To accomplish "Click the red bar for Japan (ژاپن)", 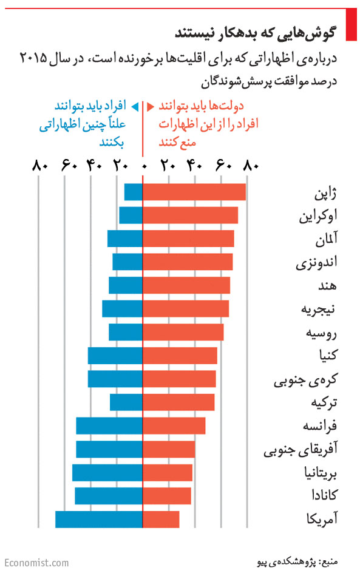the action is [x=194, y=192].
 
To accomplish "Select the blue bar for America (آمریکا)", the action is [x=99, y=520].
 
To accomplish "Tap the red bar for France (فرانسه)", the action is [x=174, y=426].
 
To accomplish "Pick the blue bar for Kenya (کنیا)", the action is [x=115, y=356].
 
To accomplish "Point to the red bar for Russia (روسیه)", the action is [x=183, y=332].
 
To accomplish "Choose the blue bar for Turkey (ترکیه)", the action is [x=126, y=402].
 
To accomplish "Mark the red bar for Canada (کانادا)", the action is [x=167, y=496].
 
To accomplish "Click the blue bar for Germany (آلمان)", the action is [x=125, y=239].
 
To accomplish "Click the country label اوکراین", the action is [x=318, y=215].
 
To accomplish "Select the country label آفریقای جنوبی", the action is [x=301, y=450].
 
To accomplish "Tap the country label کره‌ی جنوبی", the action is [x=306, y=379].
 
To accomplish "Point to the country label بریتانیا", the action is [x=321, y=473].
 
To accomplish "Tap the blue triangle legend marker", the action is [x=135, y=107].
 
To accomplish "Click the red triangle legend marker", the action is [x=150, y=107].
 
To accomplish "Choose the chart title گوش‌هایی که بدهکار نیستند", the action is [x=255, y=32].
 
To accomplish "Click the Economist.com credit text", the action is [x=36, y=563].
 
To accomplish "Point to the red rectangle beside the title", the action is [x=351, y=24].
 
